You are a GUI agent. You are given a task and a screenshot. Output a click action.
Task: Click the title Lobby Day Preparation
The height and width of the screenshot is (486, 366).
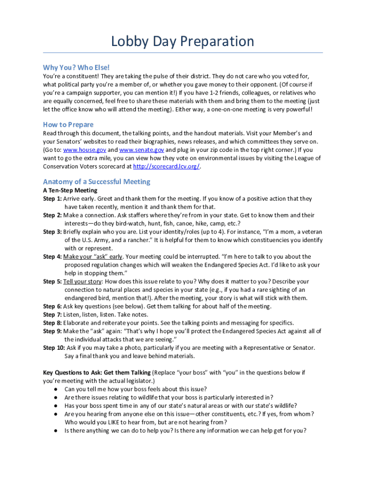[x=183, y=41]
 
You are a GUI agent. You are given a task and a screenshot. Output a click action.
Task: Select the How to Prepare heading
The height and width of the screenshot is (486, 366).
[x=68, y=125]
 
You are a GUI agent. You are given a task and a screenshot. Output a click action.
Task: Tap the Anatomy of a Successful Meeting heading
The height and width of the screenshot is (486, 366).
[x=96, y=182]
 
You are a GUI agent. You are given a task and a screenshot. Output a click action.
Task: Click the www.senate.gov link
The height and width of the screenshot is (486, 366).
[x=142, y=150]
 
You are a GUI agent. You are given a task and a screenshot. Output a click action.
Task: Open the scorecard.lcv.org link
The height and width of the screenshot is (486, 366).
[x=166, y=167]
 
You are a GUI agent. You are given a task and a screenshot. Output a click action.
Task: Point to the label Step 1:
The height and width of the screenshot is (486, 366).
[x=52, y=199]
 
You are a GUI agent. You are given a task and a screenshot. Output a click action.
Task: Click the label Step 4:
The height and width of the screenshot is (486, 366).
[x=52, y=257]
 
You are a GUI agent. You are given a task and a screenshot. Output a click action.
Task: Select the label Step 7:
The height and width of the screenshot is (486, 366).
[x=52, y=315]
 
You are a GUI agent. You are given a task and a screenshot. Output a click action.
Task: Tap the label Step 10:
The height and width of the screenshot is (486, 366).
[x=54, y=348]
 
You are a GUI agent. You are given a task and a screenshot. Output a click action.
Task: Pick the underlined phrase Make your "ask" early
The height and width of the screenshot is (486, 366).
[x=93, y=257]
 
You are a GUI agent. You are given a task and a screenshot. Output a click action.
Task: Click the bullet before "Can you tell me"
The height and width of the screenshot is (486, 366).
[x=56, y=389]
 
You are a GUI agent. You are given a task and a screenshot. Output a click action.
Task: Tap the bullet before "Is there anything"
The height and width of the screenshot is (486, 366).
[x=56, y=431]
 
